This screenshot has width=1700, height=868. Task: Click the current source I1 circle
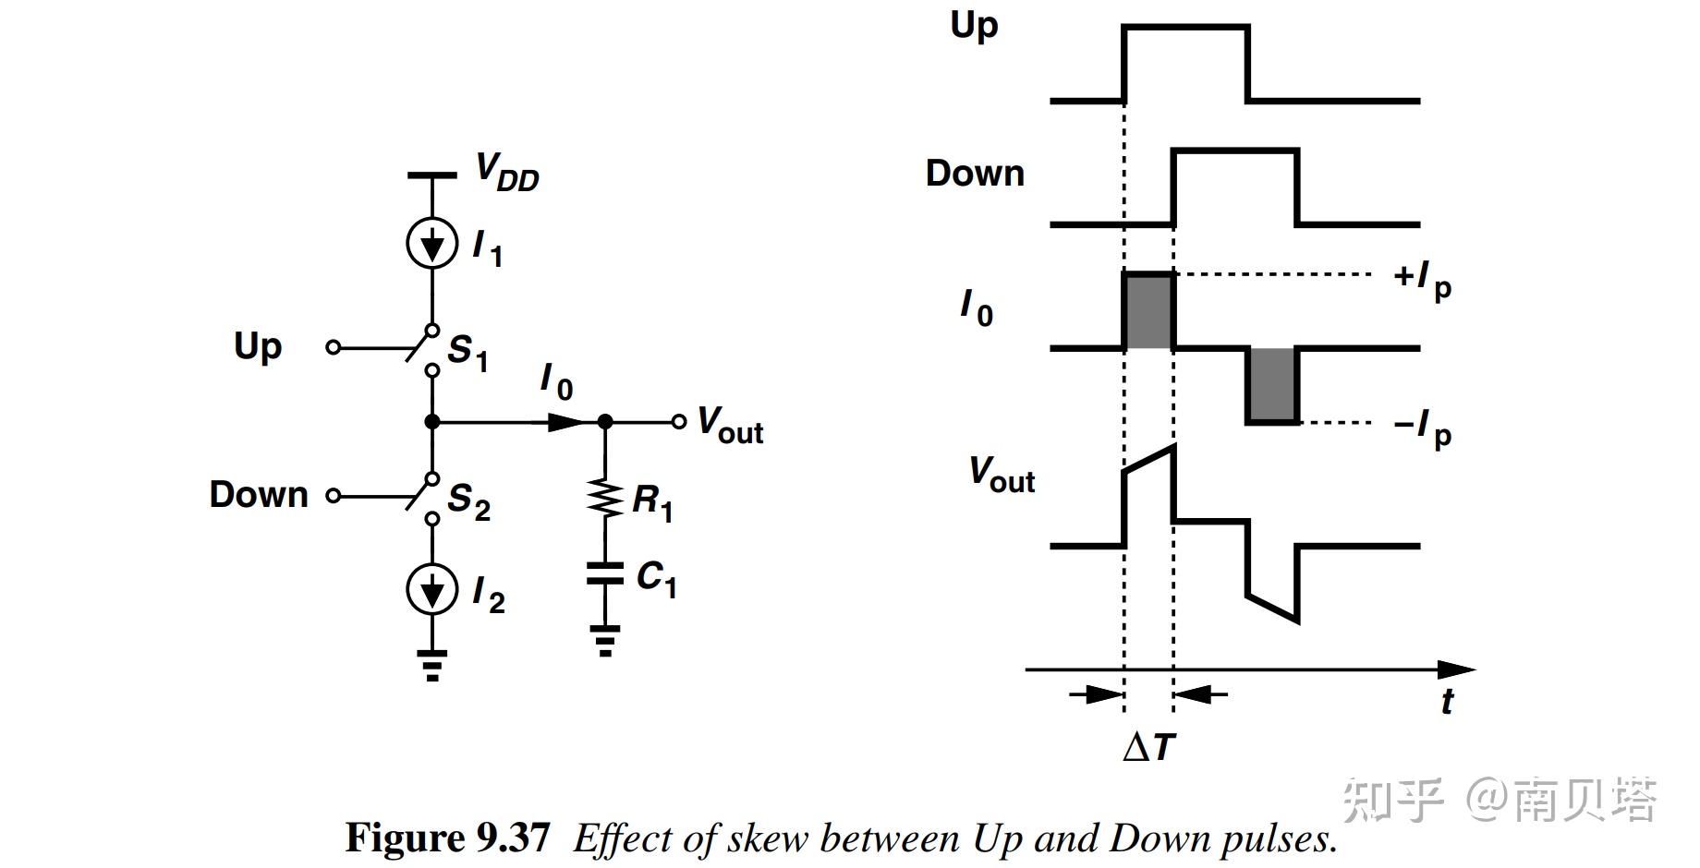(x=432, y=243)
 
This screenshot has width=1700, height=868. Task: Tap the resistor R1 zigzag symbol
(x=605, y=499)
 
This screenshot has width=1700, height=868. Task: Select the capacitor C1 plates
(x=605, y=573)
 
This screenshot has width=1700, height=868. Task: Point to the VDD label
(x=506, y=173)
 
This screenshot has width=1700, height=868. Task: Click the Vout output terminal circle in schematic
(x=679, y=422)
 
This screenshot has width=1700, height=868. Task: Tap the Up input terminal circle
(x=334, y=347)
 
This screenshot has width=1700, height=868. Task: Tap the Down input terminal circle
(x=334, y=496)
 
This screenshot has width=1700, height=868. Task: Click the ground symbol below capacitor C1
(x=605, y=641)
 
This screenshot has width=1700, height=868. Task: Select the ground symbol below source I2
(x=432, y=665)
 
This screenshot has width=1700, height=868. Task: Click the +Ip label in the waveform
(x=1422, y=279)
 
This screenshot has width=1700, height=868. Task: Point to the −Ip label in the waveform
(x=1422, y=428)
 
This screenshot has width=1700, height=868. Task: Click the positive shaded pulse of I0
(x=1148, y=311)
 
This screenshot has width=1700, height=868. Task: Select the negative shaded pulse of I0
(x=1273, y=385)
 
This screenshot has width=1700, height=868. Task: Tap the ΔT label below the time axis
(x=1149, y=746)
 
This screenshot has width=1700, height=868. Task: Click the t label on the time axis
(x=1447, y=702)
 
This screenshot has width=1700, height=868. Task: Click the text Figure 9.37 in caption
(x=447, y=838)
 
